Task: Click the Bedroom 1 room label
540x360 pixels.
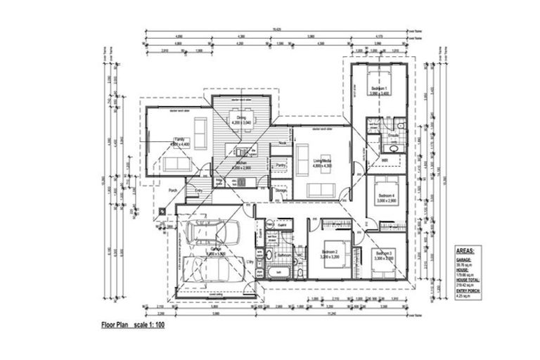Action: pos(380,88)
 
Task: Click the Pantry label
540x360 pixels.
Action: pos(280,165)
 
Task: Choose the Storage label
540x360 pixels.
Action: pos(281,191)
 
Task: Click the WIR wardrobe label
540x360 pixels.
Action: pos(385,161)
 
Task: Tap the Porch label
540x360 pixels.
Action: pos(171,190)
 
